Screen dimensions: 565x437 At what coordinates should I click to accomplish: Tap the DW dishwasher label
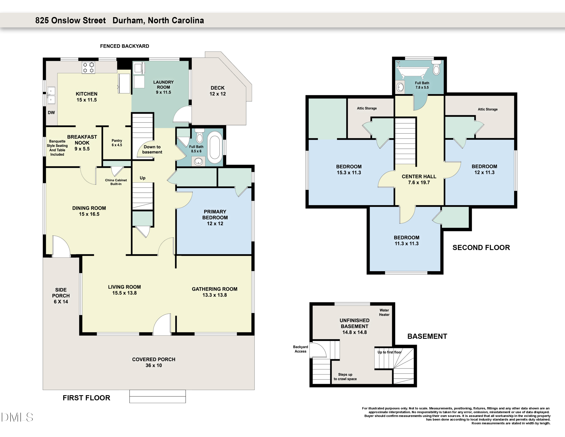coord(51,113)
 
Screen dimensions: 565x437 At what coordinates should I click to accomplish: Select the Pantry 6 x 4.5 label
coord(117,143)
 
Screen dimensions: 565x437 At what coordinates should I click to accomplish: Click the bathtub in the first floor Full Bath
coord(215,148)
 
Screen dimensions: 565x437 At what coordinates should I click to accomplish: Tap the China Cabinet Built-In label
coord(116,182)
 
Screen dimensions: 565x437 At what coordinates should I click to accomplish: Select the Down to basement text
coord(152,149)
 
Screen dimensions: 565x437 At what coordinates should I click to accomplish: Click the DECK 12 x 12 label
coord(218,91)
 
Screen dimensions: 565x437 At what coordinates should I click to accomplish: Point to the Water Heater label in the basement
coord(384,312)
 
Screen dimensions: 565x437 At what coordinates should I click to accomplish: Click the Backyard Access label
coord(300,349)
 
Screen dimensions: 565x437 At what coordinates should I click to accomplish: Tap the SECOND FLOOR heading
coord(481,248)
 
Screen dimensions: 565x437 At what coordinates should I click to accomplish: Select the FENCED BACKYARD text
coord(124,46)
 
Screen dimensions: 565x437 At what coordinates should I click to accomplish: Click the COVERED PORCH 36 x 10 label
coord(154,362)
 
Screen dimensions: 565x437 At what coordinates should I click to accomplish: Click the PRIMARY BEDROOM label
coord(215,215)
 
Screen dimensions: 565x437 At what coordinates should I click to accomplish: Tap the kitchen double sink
coord(51,95)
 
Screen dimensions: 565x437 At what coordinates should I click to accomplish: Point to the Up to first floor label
coord(389,352)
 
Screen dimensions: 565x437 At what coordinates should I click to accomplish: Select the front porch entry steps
coord(158,396)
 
